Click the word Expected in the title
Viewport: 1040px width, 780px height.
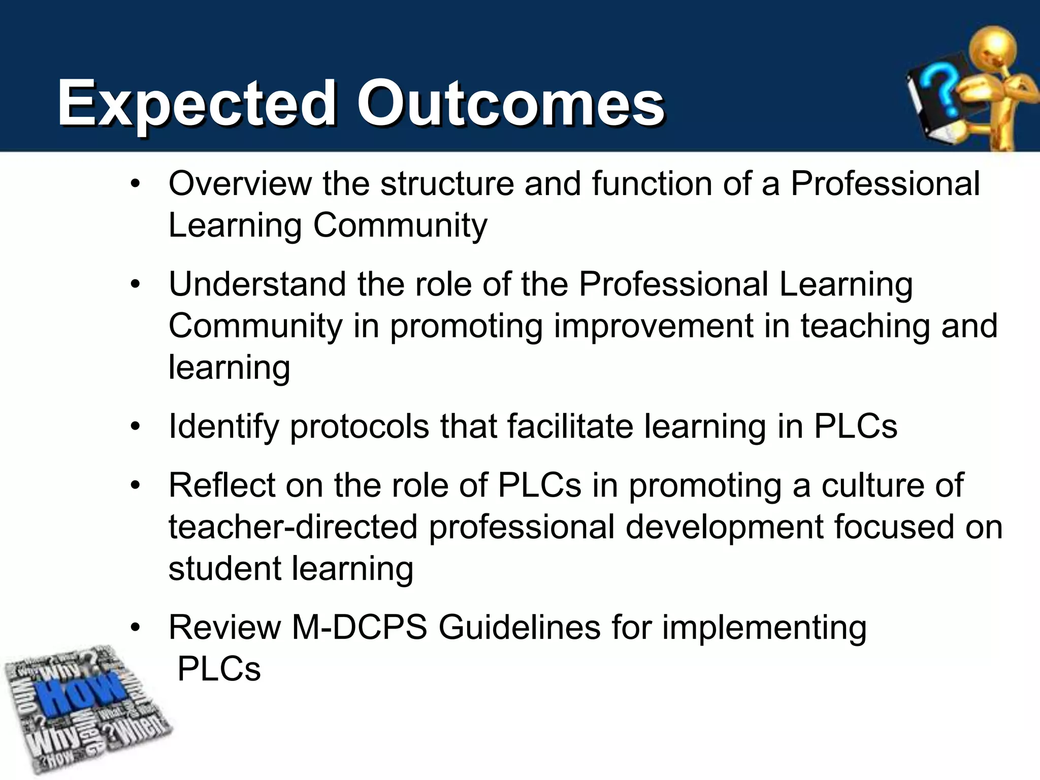196,104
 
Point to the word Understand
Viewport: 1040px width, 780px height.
257,284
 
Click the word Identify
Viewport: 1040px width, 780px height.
223,427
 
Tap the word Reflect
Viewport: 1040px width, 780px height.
221,485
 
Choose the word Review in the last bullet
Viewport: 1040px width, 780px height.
224,628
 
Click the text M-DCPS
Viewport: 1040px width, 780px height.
359,628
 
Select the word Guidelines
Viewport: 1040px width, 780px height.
519,628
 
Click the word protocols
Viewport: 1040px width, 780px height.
360,427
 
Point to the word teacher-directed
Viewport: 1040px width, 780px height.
293,527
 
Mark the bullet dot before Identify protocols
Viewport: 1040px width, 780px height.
135,427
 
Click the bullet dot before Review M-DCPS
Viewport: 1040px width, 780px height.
135,628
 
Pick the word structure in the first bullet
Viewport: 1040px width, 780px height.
447,183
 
